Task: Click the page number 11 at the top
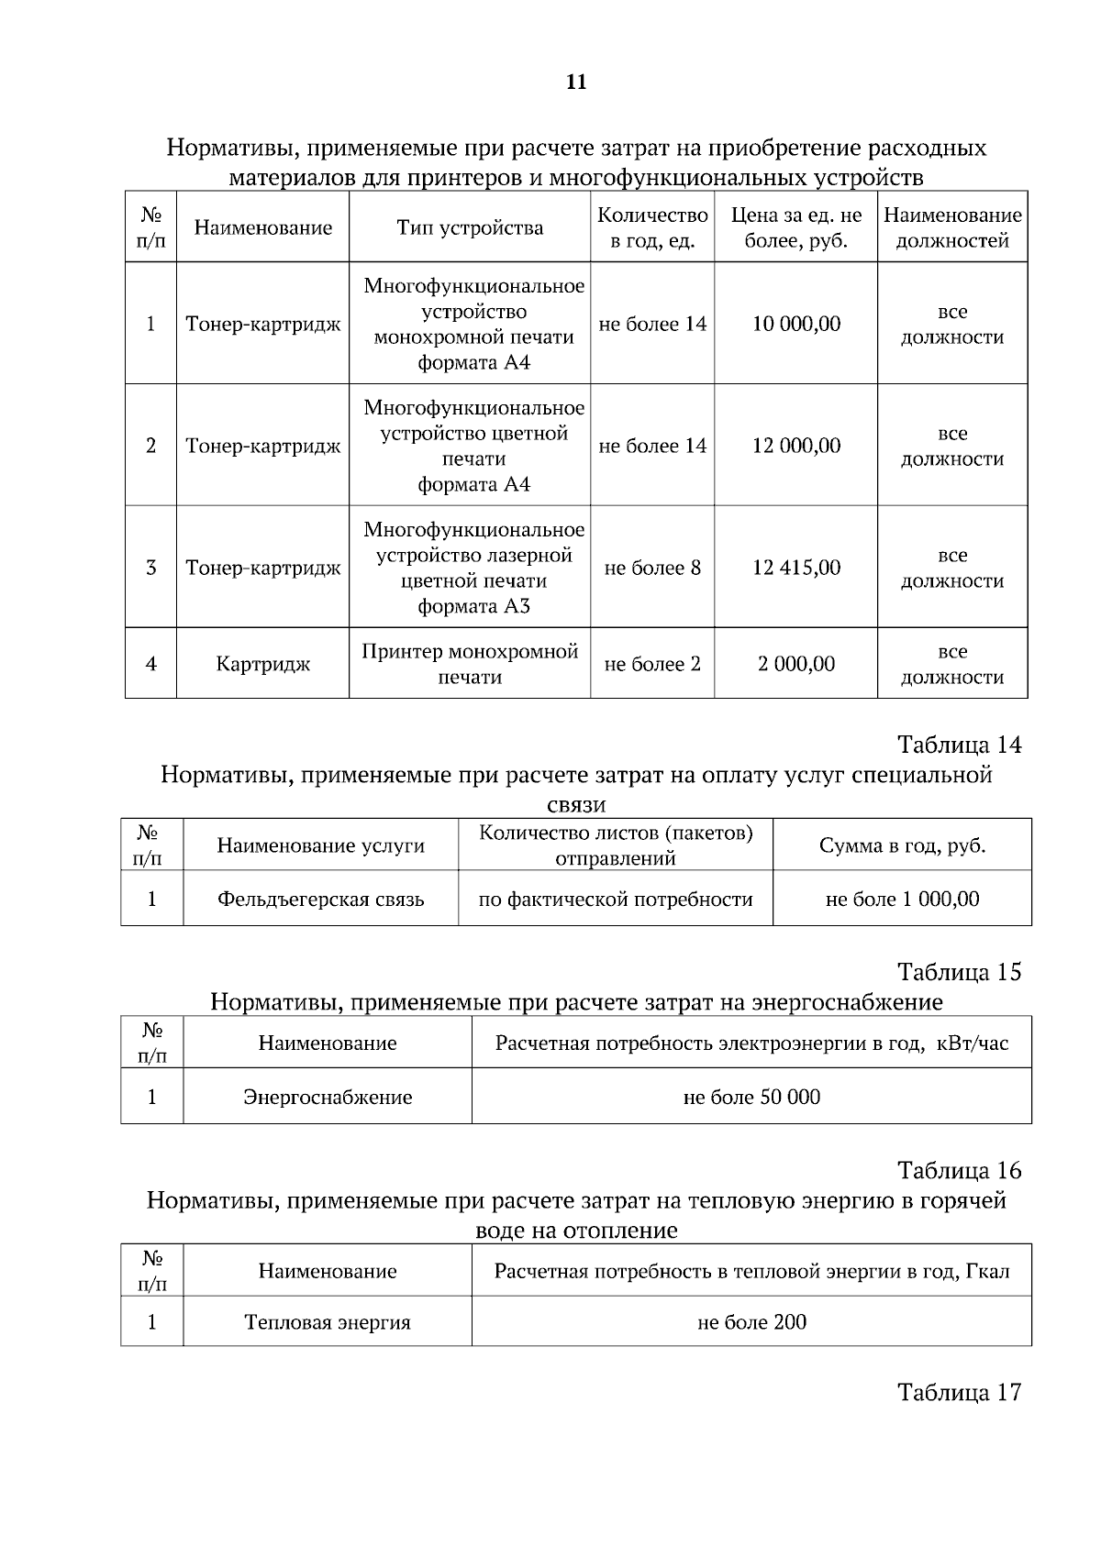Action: coord(576,83)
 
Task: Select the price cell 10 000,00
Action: coord(796,324)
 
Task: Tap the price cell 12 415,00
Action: coord(796,568)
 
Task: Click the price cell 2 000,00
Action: coord(796,664)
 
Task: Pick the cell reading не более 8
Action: coord(652,568)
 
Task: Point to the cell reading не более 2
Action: coord(652,664)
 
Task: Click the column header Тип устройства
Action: coord(470,227)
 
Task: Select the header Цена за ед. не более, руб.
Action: coord(796,227)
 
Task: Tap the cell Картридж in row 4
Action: coord(263,664)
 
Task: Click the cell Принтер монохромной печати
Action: coord(470,664)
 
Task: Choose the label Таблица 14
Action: coord(959,745)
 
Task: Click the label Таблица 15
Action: coord(959,972)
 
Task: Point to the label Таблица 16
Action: coord(959,1171)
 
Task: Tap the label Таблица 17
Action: coord(959,1393)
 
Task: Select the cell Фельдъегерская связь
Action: coord(321,899)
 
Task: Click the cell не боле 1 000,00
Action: coord(902,899)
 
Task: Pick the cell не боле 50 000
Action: coord(751,1097)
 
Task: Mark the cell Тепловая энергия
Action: coord(328,1322)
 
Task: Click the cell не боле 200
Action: coord(751,1322)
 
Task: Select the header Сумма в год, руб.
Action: coord(902,845)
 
